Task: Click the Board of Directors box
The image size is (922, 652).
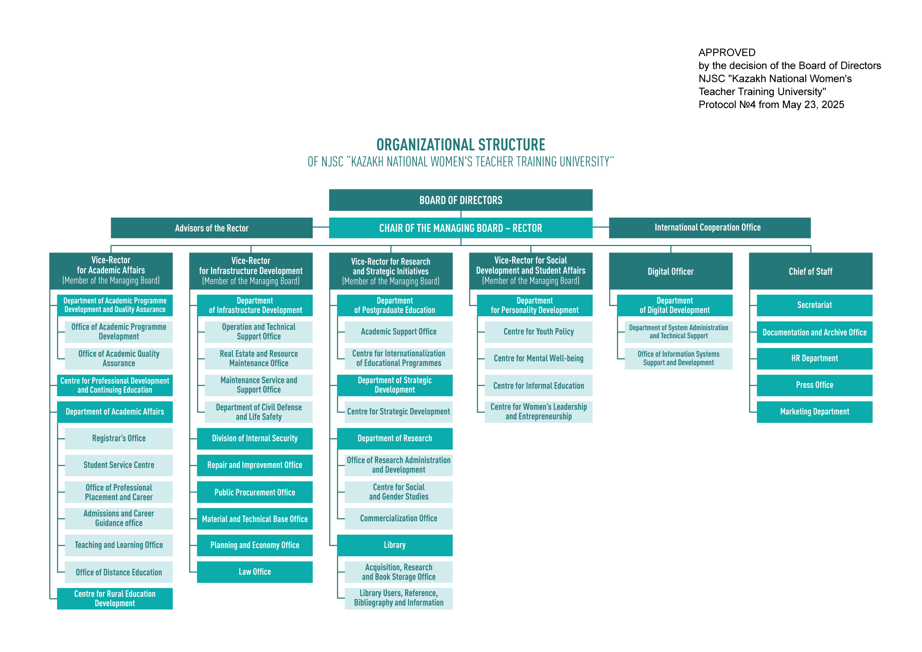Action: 461,200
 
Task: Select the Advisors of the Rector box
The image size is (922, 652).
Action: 212,228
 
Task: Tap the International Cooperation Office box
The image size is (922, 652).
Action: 710,228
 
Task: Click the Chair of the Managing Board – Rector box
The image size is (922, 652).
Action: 461,228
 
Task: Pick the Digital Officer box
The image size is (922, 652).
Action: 671,271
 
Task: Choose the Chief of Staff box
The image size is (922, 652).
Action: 810,271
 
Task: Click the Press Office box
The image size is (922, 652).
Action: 814,385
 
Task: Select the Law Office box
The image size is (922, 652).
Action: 255,572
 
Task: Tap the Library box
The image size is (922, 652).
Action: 395,545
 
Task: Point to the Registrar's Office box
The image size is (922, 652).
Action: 119,438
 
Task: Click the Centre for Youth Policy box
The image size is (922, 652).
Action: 539,332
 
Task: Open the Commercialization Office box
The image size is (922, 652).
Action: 398,519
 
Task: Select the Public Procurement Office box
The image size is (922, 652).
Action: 255,492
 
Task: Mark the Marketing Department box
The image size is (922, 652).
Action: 814,412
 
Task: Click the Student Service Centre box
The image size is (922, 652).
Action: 119,465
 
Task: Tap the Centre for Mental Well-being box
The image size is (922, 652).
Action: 539,358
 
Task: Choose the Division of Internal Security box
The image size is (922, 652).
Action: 255,438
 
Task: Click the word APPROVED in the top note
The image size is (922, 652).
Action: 727,53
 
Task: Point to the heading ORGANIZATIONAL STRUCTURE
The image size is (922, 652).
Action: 461,145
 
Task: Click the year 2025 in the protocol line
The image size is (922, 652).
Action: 832,105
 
